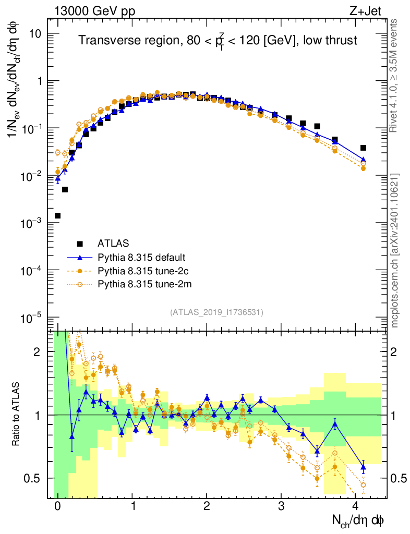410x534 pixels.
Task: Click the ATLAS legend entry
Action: pyautogui.click(x=113, y=243)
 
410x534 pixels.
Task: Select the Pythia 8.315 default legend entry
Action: pyautogui.click(x=141, y=258)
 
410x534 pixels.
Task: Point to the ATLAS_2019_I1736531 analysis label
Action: pyautogui.click(x=216, y=312)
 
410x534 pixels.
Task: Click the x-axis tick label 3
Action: pyautogui.click(x=281, y=507)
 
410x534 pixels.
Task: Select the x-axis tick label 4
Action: pyautogui.click(x=356, y=507)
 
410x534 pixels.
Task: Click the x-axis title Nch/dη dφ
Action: pyautogui.click(x=358, y=520)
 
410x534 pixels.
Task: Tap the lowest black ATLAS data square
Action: pyautogui.click(x=57, y=215)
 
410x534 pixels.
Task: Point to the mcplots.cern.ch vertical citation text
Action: pyautogui.click(x=395, y=250)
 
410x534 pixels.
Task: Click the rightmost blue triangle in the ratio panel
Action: pyautogui.click(x=363, y=467)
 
